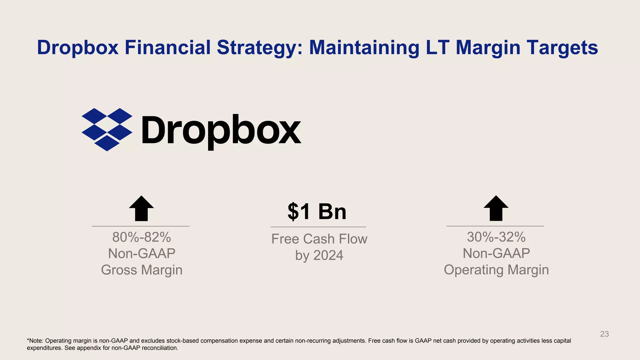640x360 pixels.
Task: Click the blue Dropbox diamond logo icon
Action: pyautogui.click(x=107, y=129)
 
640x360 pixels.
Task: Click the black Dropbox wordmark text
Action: pyautogui.click(x=221, y=130)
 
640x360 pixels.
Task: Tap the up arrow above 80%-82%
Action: pyautogui.click(x=141, y=209)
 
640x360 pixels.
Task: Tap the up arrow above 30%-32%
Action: pyautogui.click(x=496, y=208)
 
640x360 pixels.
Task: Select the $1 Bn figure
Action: pyautogui.click(x=317, y=212)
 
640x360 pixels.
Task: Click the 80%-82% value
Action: pyautogui.click(x=142, y=237)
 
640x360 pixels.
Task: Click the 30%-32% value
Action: pyautogui.click(x=496, y=237)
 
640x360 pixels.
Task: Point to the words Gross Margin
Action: pyautogui.click(x=142, y=270)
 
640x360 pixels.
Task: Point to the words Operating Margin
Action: pyautogui.click(x=496, y=270)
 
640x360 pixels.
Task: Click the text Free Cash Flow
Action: pyautogui.click(x=319, y=239)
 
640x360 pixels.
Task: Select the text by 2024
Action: pyautogui.click(x=319, y=256)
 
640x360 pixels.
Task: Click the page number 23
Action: pyautogui.click(x=604, y=334)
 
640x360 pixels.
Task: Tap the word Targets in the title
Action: pyautogui.click(x=557, y=47)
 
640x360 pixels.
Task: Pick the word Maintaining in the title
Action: pyautogui.click(x=364, y=47)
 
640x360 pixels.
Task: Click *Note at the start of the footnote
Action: pyautogui.click(x=35, y=341)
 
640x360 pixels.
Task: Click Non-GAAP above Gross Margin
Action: pyautogui.click(x=142, y=253)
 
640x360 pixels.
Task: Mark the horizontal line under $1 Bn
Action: pyautogui.click(x=318, y=227)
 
